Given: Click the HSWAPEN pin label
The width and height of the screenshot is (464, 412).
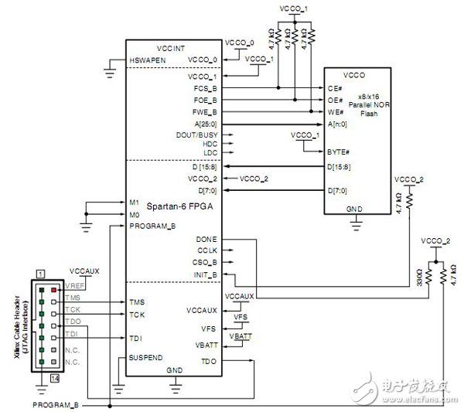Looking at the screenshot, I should pos(148,60).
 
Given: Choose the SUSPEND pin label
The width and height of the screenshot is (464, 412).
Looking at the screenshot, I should pos(147,358).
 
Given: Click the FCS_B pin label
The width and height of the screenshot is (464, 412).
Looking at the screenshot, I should pos(203,88).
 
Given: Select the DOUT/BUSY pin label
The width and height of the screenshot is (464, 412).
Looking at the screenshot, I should pos(198,134).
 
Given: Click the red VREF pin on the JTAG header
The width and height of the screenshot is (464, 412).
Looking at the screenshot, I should pos(53,288).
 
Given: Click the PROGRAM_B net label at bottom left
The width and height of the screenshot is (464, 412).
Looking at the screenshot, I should pos(60,404).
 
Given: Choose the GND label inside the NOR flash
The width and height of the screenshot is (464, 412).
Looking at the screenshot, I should pos(355,209).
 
